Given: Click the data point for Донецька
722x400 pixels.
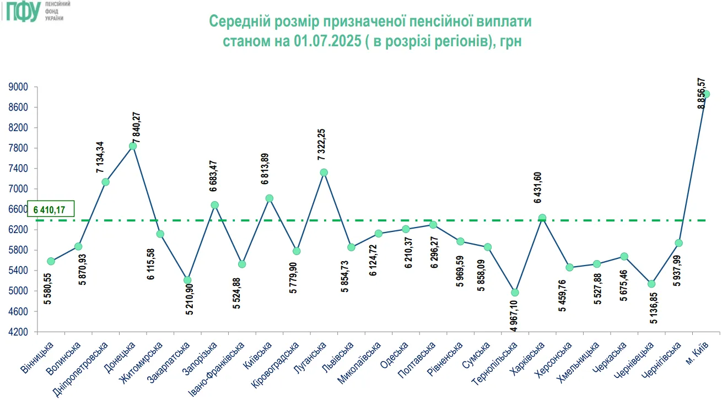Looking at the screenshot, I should [133, 146].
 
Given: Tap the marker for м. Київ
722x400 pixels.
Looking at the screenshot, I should [707, 94].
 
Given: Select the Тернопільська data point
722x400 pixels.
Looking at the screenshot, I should [515, 293].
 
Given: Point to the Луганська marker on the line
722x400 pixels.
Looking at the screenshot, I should [324, 172].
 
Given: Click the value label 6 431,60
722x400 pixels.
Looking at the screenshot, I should [538, 187].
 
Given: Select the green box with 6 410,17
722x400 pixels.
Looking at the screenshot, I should [51, 209].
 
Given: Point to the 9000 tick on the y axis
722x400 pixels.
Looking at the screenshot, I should [19, 87].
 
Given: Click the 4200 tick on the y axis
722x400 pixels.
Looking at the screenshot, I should [19, 332].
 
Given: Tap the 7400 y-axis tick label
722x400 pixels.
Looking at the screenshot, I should [19, 169].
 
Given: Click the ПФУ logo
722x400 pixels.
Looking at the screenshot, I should [22, 11].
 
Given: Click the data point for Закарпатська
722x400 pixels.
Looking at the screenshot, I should [187, 280].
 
